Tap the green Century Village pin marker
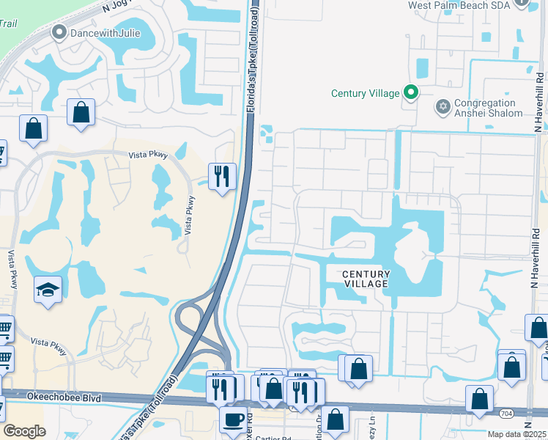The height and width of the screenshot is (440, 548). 411,92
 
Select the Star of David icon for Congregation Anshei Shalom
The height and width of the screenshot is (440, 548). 442,108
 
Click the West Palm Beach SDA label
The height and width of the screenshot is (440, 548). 457,5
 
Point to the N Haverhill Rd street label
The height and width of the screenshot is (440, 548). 538,103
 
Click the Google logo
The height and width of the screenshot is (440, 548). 24,431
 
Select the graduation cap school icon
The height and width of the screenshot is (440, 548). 48,290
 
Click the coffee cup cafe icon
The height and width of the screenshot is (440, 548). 234,419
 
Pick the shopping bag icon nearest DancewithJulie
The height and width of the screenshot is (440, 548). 81,113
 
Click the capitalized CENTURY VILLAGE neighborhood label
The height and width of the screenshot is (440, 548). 366,279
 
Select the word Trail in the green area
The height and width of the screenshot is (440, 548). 8,23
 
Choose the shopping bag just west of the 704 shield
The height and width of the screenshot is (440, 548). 479,399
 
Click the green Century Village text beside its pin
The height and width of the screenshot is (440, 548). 366,93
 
